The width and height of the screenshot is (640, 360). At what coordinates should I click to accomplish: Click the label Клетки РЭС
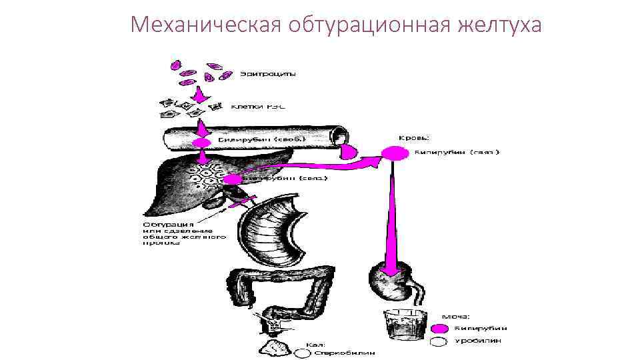point(259,106)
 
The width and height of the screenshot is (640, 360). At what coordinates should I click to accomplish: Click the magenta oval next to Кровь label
point(395,154)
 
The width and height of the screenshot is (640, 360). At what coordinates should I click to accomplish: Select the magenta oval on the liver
point(231,179)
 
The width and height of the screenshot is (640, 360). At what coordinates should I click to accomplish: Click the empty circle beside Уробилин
point(439,341)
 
